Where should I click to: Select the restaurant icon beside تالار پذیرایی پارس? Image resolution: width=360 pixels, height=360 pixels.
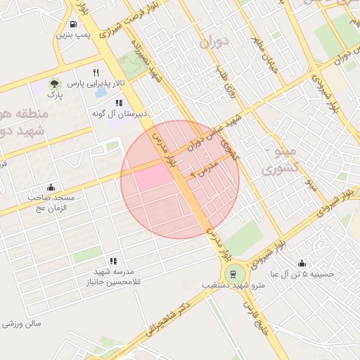coord(96,72)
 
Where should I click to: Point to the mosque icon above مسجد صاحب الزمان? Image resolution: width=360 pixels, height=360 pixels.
coord(51,188)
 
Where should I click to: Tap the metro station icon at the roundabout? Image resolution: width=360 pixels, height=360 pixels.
coord(231,274)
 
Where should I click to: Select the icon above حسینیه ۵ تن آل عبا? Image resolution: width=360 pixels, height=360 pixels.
coord(302,263)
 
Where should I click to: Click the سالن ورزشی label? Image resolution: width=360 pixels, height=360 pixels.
coord(22,324)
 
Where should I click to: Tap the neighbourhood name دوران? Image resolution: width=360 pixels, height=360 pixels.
coord(214,44)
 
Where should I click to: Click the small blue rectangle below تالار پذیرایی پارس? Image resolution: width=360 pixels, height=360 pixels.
coord(101,92)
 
